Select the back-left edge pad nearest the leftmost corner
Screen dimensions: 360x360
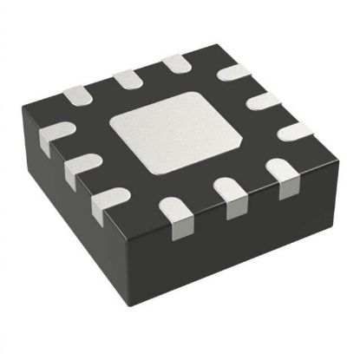pyautogui.click(x=75, y=93)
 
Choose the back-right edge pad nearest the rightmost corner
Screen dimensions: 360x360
pyautogui.click(x=293, y=132)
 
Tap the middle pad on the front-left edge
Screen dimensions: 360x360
pyautogui.click(x=82, y=169)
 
